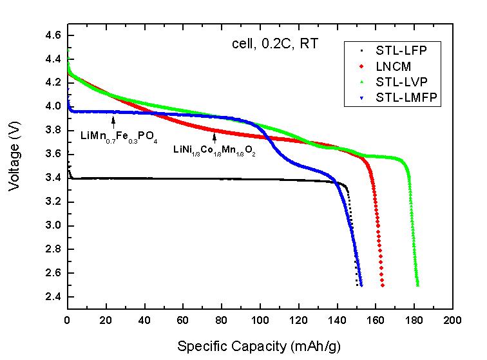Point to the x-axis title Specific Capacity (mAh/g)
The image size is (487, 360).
[x=260, y=346]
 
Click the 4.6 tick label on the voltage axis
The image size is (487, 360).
[x=54, y=34]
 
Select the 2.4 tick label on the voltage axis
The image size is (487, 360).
[x=54, y=297]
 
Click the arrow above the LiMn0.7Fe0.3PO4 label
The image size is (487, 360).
[x=113, y=120]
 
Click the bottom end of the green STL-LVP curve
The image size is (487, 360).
[x=418, y=285]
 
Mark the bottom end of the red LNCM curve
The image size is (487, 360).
[x=383, y=285]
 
